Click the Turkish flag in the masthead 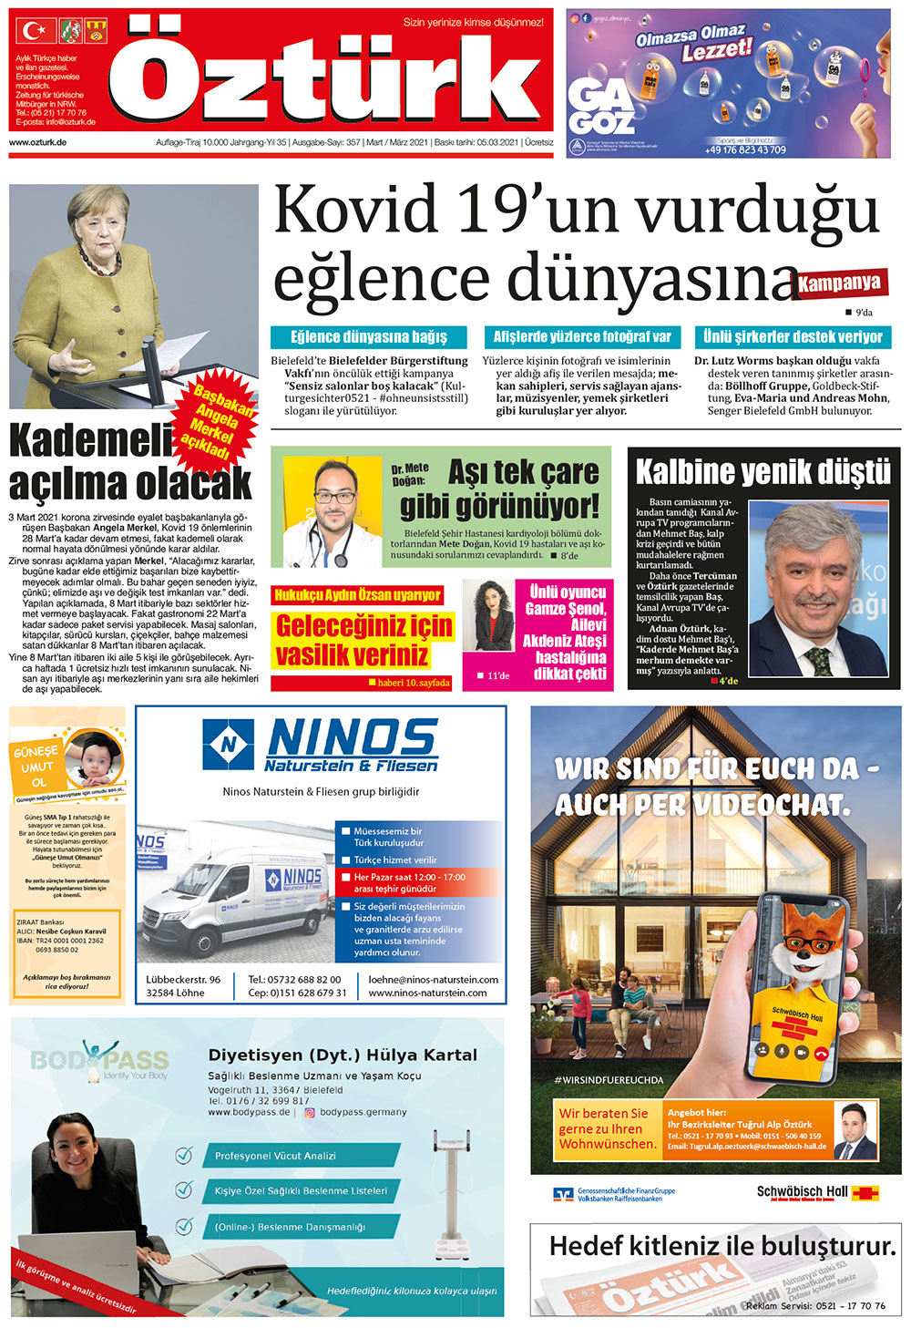point(34,32)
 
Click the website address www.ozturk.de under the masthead point(37,143)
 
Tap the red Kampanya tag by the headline point(841,283)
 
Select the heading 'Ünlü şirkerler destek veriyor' point(793,337)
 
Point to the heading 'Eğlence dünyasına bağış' point(368,337)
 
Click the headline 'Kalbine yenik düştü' point(763,471)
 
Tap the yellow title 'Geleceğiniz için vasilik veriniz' point(363,640)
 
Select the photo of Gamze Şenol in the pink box point(489,617)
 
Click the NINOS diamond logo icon point(229,745)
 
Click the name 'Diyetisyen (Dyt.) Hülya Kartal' point(343,1055)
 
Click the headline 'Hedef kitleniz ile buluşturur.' point(722,1246)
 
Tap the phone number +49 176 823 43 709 point(745,149)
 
